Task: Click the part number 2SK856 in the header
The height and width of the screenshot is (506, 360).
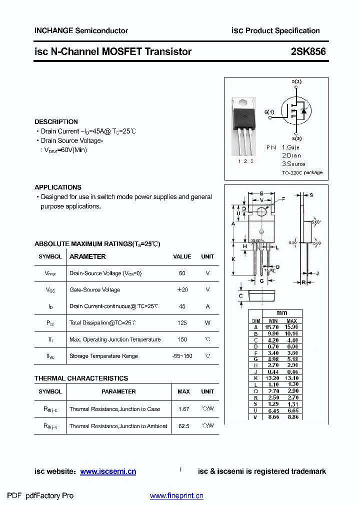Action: coord(308,51)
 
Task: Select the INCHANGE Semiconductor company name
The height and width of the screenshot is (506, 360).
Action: coord(81,30)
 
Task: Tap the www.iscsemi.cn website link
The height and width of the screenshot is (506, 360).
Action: coord(108,471)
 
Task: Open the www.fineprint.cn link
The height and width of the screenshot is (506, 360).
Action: coord(176,496)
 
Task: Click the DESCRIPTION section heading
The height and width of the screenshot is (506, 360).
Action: coord(56,121)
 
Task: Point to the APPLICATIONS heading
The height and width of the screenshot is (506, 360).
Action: coord(57,187)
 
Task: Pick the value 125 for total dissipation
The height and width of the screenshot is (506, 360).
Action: coord(182,323)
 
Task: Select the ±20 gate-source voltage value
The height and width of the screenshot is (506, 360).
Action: coord(182,290)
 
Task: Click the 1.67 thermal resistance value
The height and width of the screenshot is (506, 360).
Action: coord(183,409)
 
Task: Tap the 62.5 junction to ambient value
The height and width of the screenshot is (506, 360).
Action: coord(183,426)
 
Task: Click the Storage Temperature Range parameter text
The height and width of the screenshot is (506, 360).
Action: coord(103,356)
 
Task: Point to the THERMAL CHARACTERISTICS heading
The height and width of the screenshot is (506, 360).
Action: coord(81,378)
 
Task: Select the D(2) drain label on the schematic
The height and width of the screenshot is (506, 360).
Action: coord(296,81)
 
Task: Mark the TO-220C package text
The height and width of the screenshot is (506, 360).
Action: coord(302,172)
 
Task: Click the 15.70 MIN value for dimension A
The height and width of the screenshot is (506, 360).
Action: coord(273,327)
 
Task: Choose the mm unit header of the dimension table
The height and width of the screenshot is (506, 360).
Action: coord(282,313)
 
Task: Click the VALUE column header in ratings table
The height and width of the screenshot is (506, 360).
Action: coord(182,256)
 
